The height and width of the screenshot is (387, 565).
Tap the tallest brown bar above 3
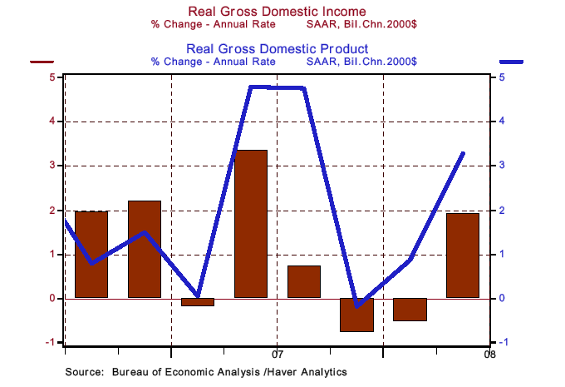click(x=251, y=223)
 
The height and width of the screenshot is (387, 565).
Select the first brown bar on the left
click(x=91, y=254)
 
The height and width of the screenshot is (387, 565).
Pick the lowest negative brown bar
click(x=357, y=315)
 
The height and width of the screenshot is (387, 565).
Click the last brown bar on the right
click(x=463, y=255)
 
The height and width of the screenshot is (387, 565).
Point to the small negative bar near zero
click(x=198, y=302)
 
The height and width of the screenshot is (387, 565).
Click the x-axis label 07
click(x=278, y=353)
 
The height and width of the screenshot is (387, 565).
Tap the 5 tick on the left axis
click(x=52, y=77)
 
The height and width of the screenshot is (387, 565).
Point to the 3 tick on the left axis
click(x=52, y=166)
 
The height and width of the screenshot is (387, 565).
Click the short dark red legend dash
click(x=42, y=62)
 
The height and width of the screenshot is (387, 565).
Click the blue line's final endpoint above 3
click(x=463, y=153)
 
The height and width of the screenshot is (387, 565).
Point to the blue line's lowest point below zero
click(x=357, y=306)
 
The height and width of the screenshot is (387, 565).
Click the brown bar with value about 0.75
click(x=304, y=281)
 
